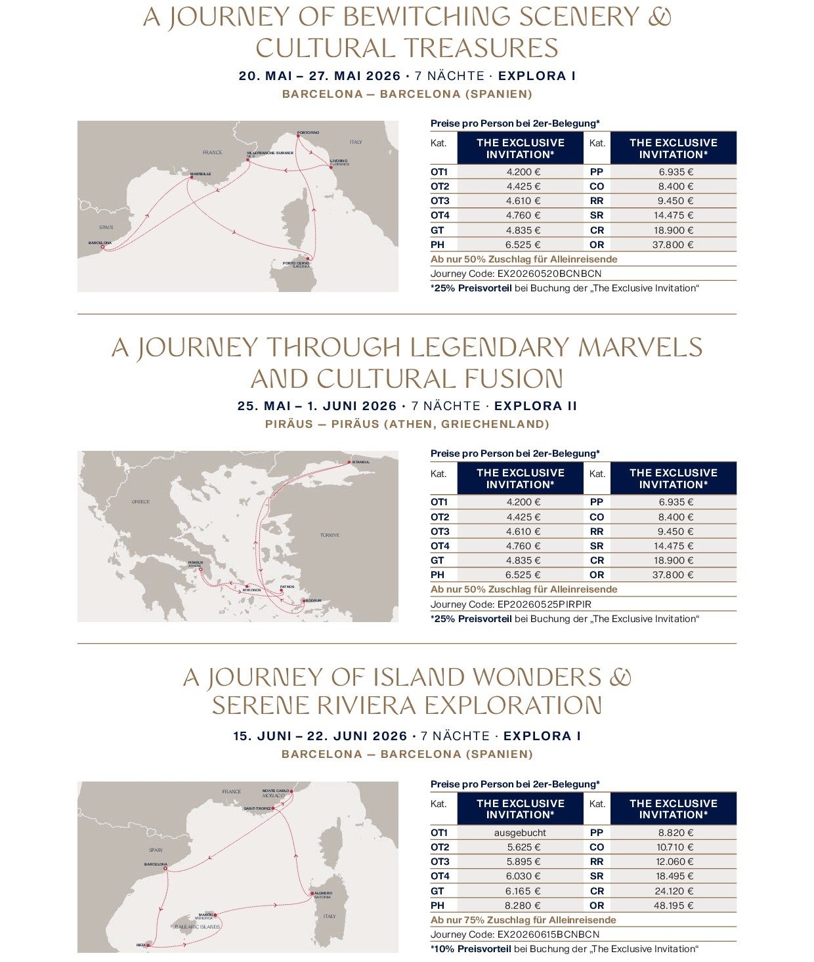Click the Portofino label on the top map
(308, 133)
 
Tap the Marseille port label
(201, 174)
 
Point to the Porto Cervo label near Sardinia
(296, 263)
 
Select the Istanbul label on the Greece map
(361, 462)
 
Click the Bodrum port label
(314, 600)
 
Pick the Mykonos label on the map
(252, 590)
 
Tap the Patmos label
(287, 587)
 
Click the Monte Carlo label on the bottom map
(275, 791)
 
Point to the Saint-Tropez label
(257, 808)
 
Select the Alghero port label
(323, 893)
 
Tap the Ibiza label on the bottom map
(141, 945)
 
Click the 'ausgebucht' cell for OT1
(520, 833)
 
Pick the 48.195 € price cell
(675, 906)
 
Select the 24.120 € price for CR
(675, 891)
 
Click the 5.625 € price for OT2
(523, 847)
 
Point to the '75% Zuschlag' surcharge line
(523, 920)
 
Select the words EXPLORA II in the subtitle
(535, 406)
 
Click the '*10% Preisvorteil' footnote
(471, 949)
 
